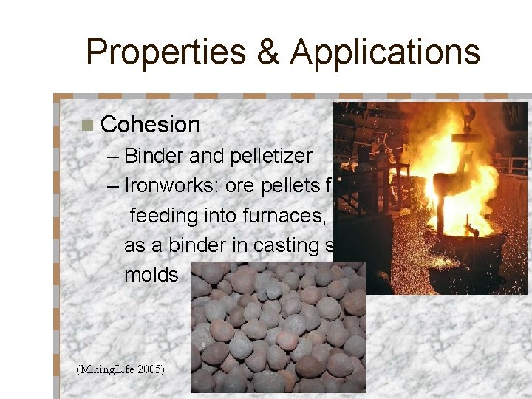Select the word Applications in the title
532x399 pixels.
(385, 52)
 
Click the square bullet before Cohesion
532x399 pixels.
(88, 125)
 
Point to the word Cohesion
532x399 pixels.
(150, 125)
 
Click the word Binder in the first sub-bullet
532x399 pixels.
(154, 156)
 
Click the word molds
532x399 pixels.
(151, 275)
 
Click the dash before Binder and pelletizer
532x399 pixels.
(112, 156)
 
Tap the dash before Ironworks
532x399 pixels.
(112, 185)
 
